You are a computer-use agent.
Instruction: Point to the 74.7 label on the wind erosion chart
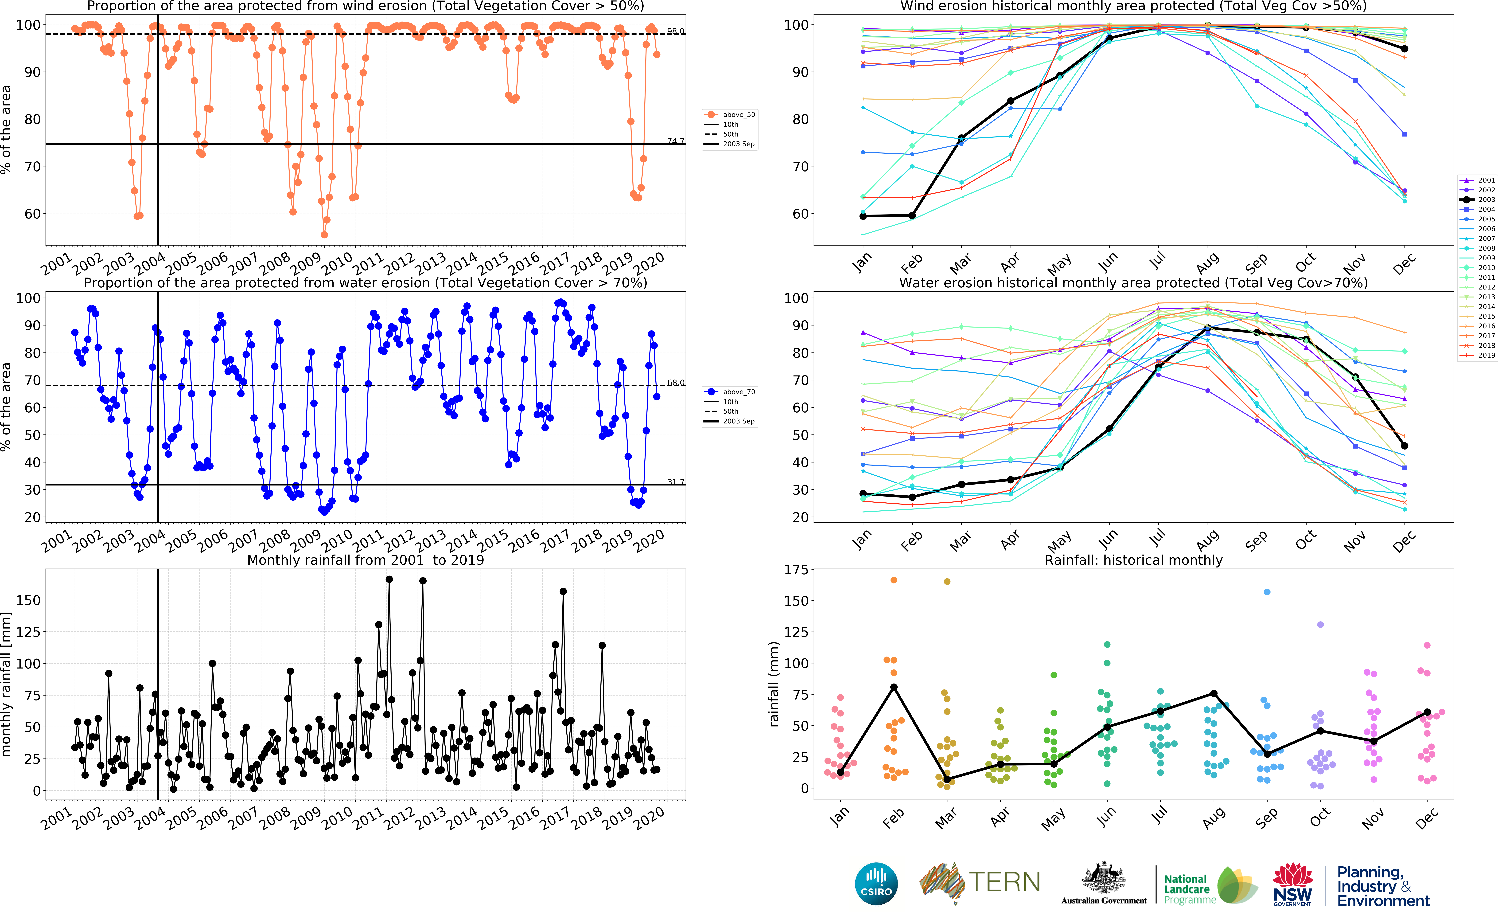pos(675,141)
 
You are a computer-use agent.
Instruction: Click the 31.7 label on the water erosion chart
pos(675,482)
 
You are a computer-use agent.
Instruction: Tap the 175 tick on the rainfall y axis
pos(796,570)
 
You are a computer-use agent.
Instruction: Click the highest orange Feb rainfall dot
pos(894,580)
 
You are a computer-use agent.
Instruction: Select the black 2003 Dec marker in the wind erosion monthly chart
pos(1405,49)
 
